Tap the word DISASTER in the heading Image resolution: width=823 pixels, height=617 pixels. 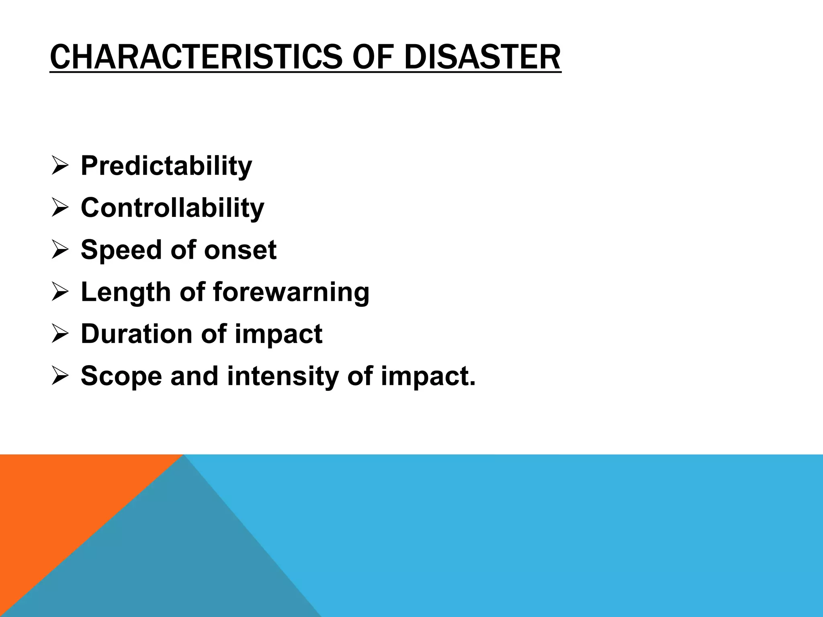(x=482, y=57)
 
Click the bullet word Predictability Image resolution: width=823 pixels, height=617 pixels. (x=166, y=166)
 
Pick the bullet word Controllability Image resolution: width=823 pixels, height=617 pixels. (x=172, y=208)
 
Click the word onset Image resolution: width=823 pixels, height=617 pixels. (x=240, y=250)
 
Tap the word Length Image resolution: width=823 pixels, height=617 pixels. (x=124, y=292)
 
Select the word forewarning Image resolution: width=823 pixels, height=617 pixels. (x=291, y=292)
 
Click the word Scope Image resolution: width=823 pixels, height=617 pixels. (x=121, y=376)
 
